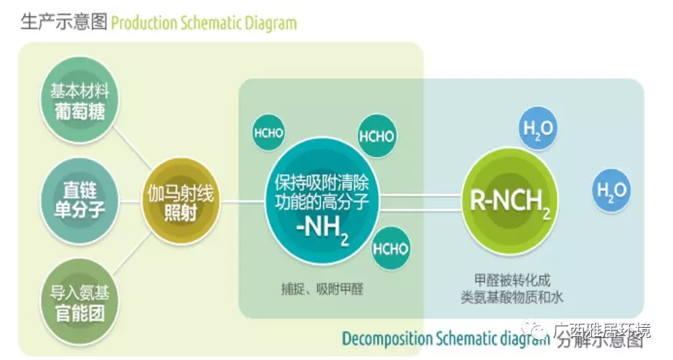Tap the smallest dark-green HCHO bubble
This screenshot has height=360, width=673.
click(268, 134)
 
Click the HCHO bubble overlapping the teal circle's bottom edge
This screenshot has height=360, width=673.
click(391, 248)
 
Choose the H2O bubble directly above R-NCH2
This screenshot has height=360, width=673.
click(537, 131)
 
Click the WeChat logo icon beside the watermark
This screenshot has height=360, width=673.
click(539, 331)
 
